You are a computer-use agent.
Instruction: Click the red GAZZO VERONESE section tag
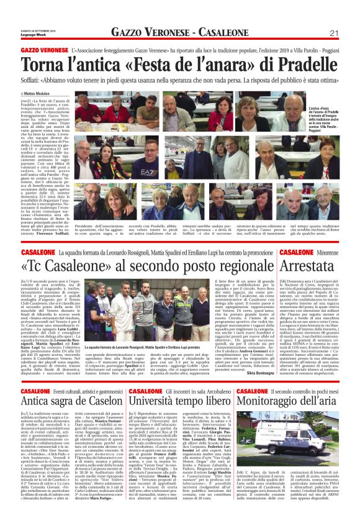[45, 49]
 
